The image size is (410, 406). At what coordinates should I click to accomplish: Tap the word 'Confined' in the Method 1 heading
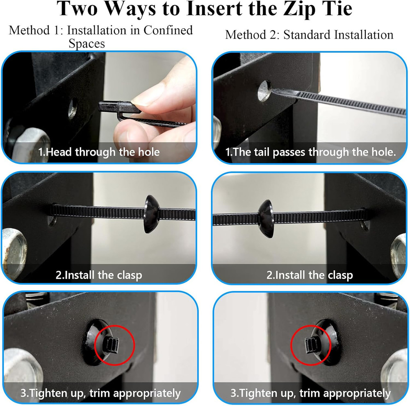coord(168,30)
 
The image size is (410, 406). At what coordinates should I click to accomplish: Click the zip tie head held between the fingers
coord(119,107)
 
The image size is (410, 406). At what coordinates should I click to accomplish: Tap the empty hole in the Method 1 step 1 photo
coord(73,108)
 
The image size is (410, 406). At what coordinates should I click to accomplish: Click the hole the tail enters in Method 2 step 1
coord(264,91)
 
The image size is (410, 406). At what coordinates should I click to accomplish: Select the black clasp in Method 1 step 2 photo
coord(151,214)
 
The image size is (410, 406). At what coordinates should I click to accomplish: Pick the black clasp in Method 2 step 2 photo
coord(266,219)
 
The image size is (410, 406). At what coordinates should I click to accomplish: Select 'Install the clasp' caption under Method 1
coord(99,275)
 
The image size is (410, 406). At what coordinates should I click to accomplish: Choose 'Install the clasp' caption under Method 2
coord(310,275)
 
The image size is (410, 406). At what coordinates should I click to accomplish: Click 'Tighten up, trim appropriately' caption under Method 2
coord(310,393)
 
